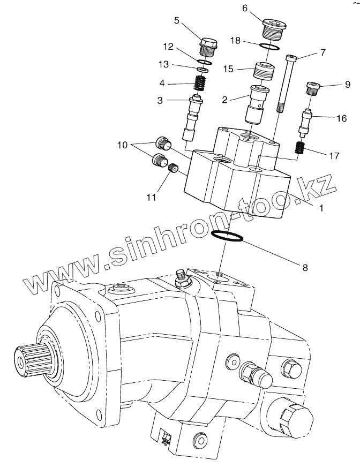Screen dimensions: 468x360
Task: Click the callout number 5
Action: click(x=177, y=21)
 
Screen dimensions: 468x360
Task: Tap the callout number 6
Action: click(x=245, y=8)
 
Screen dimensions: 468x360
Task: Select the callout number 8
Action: click(x=305, y=267)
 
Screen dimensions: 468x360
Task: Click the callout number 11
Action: click(x=152, y=198)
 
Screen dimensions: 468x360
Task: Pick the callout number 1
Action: click(x=321, y=208)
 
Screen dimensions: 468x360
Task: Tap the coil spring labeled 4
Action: click(x=200, y=83)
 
